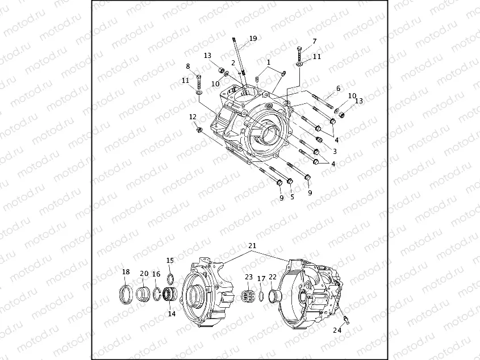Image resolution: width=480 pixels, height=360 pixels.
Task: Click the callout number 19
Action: point(253,39)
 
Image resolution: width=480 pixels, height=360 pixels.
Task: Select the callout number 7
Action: point(315,41)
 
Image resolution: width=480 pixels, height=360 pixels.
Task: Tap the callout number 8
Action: point(188,66)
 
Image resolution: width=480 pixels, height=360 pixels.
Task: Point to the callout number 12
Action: point(193,116)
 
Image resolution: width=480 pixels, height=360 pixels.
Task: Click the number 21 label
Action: point(252,246)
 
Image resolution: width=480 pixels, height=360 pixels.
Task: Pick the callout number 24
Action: point(337,330)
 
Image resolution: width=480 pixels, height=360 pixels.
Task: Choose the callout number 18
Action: point(126,272)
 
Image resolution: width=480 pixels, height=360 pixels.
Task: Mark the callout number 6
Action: point(338,89)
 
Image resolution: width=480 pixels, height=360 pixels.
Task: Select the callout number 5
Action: point(292,197)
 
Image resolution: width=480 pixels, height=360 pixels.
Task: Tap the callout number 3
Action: point(335,151)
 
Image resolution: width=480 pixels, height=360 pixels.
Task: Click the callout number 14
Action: point(171,313)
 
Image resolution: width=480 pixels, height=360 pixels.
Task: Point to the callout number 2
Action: point(233,62)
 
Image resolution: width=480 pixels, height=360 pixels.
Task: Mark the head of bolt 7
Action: point(299,48)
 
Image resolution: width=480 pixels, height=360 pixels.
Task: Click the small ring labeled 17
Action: point(261,296)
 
